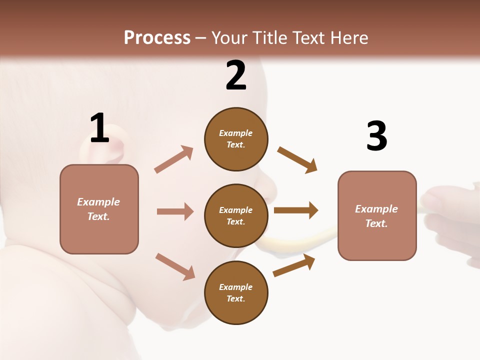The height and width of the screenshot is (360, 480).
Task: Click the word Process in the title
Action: [157, 37]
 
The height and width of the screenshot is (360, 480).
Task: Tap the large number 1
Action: [99, 128]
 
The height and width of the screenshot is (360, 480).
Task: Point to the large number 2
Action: [236, 75]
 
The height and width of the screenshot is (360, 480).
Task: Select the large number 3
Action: [376, 135]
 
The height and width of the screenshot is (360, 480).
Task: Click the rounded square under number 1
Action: [99, 209]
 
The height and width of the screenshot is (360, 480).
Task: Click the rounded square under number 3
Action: [377, 215]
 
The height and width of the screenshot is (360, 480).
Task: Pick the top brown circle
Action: [236, 139]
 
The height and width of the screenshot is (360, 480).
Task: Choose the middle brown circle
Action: [236, 215]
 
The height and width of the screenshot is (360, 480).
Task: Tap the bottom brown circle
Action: [236, 292]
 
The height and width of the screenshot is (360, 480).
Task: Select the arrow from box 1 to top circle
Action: [174, 159]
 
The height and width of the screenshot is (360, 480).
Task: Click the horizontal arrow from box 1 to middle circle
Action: [175, 211]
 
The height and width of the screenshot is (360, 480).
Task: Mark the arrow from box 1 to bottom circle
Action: [175, 266]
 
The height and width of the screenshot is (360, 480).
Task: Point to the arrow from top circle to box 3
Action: [297, 160]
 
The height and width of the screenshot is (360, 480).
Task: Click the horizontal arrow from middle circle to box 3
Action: [296, 210]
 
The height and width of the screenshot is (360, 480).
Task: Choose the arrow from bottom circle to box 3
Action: [294, 265]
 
